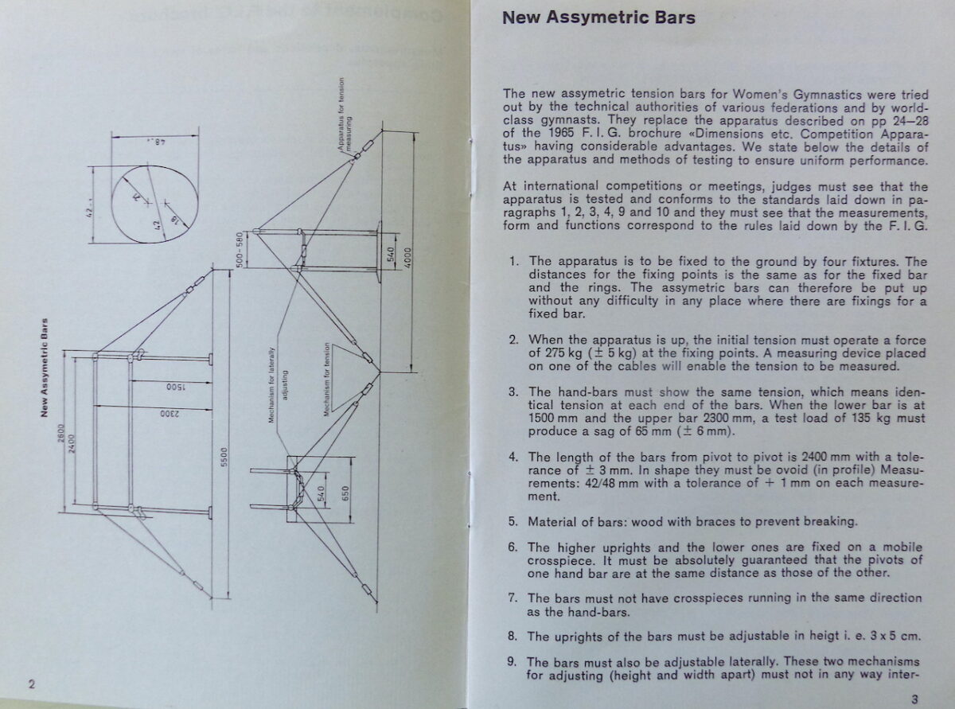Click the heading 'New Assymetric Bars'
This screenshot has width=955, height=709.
tap(598, 18)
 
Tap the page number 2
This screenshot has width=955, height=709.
tap(31, 684)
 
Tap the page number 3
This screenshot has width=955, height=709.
tap(915, 699)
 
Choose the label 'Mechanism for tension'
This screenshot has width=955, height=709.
tap(327, 384)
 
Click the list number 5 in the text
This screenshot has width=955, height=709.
tap(513, 522)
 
